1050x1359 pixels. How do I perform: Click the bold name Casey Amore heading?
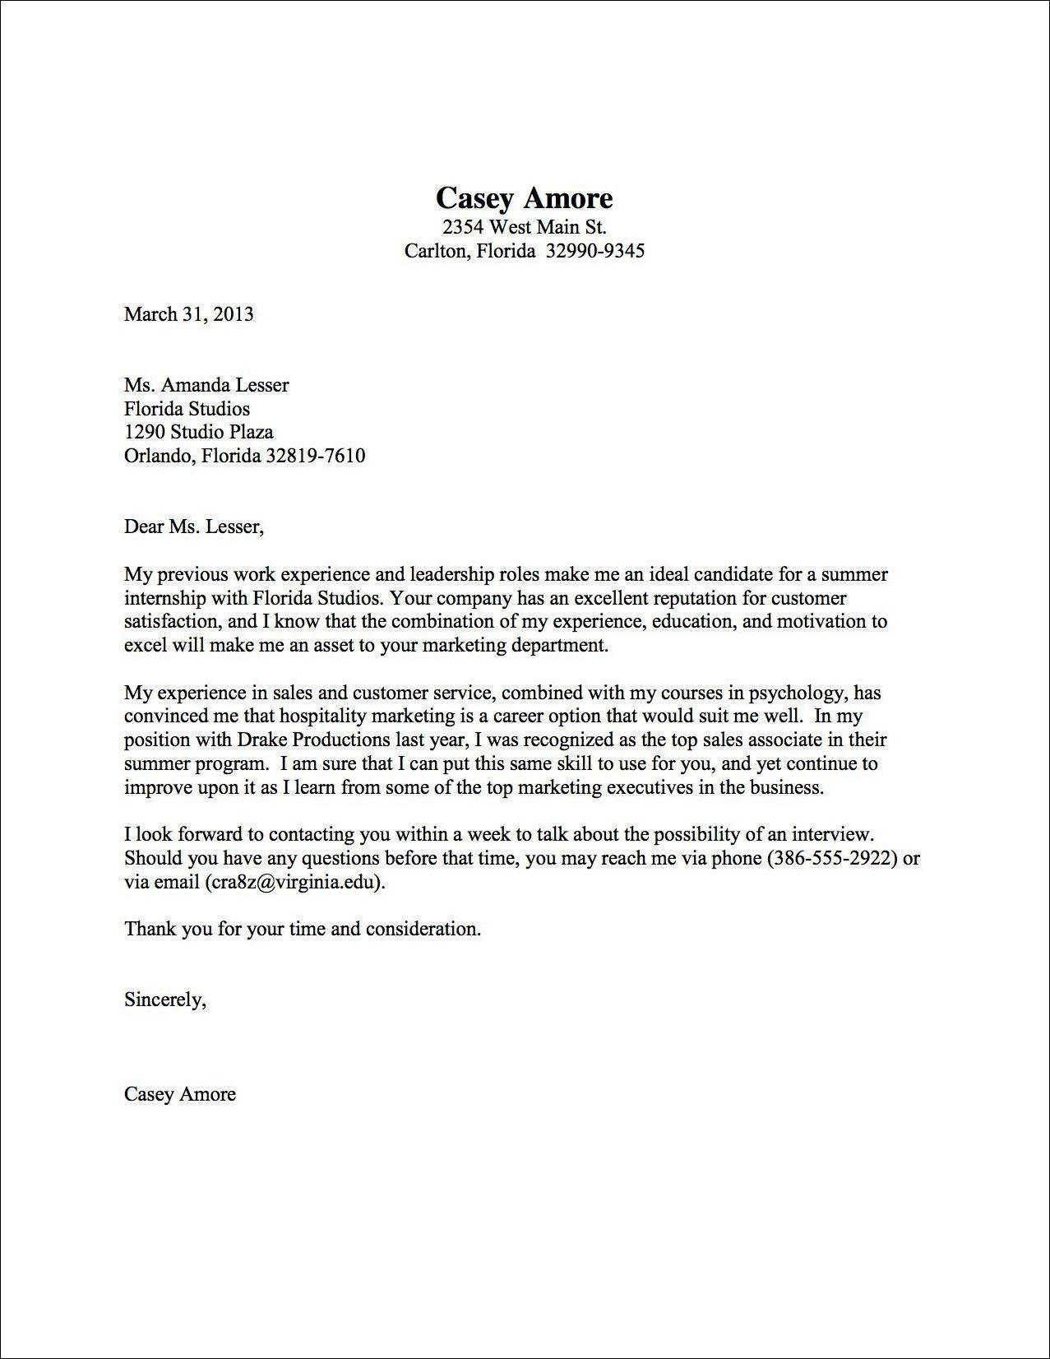click(524, 198)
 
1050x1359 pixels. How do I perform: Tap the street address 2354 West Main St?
click(524, 226)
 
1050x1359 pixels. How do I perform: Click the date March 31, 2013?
click(188, 313)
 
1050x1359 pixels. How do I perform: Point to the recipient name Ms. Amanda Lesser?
click(206, 385)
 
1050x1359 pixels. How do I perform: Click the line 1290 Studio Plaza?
click(198, 432)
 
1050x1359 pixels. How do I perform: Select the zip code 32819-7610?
click(316, 455)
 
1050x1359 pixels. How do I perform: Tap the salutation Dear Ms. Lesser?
click(194, 526)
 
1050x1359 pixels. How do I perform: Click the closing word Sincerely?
click(164, 1000)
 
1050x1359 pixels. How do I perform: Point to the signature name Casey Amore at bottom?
click(179, 1094)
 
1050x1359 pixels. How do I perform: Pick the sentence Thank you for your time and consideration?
click(302, 929)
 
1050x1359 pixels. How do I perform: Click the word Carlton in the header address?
click(437, 250)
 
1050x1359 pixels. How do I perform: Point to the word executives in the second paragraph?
click(656, 787)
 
